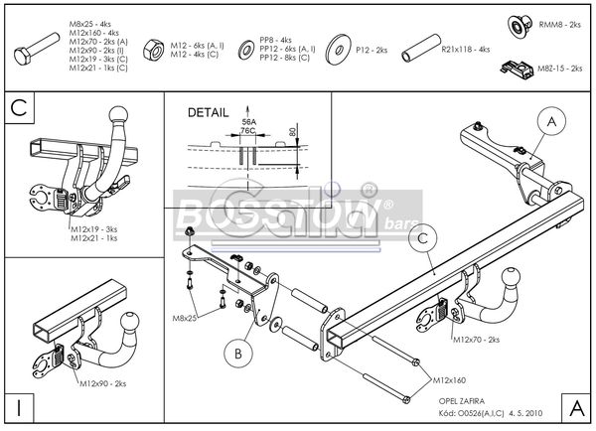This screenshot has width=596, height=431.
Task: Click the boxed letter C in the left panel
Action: click(x=18, y=107)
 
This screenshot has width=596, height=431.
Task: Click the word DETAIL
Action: click(x=208, y=113)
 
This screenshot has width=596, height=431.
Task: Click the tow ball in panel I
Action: click(x=131, y=324)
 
